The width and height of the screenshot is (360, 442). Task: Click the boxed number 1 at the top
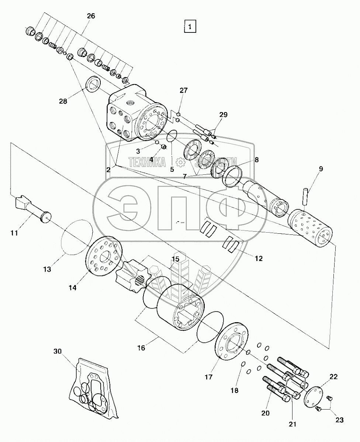tap(190, 27)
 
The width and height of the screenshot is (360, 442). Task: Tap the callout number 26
tap(91, 16)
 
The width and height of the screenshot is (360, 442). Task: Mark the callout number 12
tap(258, 259)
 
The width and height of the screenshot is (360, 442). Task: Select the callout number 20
tap(266, 413)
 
